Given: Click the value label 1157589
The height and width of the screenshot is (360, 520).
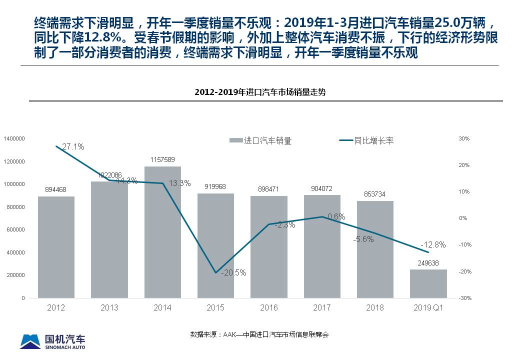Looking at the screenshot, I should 162,159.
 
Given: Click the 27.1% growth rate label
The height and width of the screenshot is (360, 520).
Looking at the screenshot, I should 73,146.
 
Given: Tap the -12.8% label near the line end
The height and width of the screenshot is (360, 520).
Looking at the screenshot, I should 432,244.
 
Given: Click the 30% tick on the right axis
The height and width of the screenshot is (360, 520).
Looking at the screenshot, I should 463,138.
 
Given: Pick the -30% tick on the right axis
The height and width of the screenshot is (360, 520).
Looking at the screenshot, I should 464,298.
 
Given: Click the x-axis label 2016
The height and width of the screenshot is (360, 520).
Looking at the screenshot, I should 269,307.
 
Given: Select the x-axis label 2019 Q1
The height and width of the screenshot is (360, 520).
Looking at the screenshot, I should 428,307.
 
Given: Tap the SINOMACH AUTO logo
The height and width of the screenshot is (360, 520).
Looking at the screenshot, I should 52,341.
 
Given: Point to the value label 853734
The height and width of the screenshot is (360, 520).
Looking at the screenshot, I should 375,193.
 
